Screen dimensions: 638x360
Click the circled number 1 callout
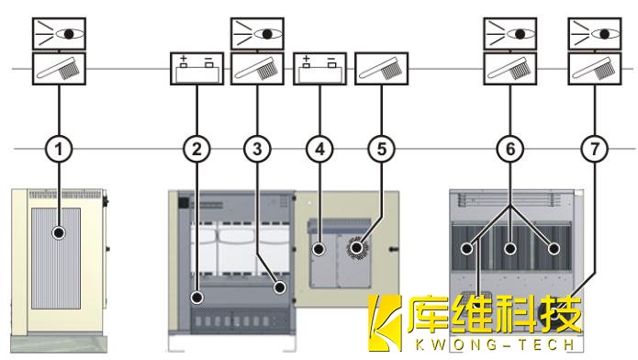coord(59,149)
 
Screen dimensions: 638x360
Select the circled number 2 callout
coord(197,149)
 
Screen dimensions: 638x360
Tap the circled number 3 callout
coord(257,149)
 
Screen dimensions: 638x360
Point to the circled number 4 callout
coord(319,149)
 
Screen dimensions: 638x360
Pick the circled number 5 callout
coord(382,149)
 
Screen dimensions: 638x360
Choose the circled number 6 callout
coord(510,149)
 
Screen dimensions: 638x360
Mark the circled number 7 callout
coord(595,149)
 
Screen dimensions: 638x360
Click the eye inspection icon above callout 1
coord(59,34)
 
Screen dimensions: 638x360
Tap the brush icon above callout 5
coord(382,68)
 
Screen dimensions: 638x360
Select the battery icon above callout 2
coord(197,68)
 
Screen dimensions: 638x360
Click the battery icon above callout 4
coord(319,68)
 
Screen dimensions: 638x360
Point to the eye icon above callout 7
coord(595,34)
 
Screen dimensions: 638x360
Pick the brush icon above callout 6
coord(510,68)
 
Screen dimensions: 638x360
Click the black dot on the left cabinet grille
coord(59,233)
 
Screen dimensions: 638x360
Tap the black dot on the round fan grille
coord(357,247)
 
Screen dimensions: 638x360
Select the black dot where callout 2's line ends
coord(197,298)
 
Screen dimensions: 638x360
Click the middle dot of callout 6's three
coord(510,248)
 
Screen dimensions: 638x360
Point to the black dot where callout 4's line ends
coord(319,249)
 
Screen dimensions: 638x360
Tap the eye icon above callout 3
coord(257,34)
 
